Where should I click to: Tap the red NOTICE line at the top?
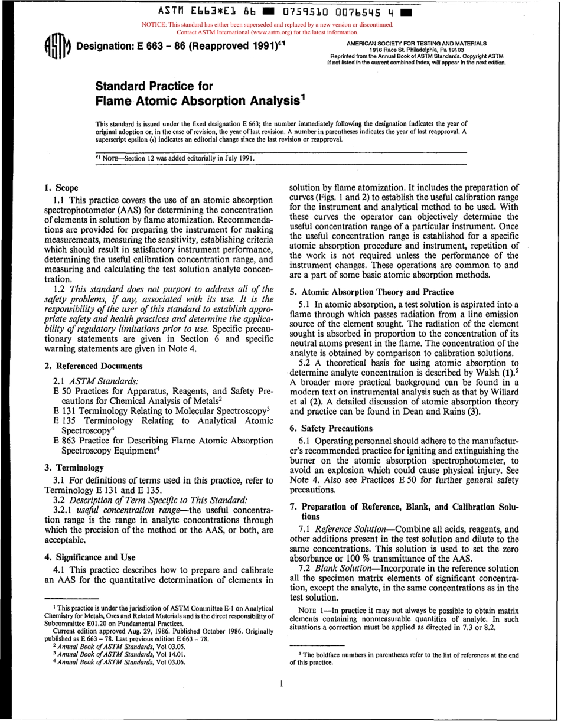point(268,25)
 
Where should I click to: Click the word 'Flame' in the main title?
point(116,101)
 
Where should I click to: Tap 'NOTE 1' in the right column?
point(311,610)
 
